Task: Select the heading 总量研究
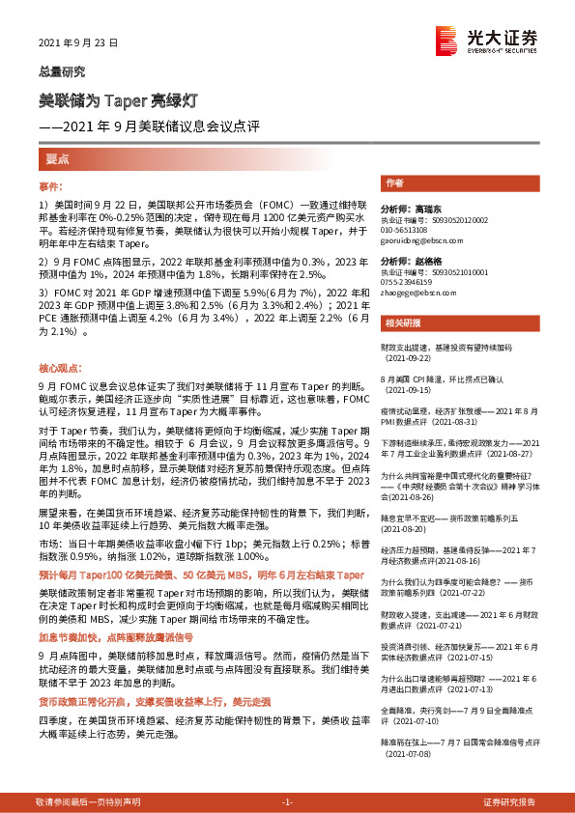coord(61,70)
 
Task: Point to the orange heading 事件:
coord(50,185)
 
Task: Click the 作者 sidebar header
coord(393,182)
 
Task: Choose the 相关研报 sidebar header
coord(399,323)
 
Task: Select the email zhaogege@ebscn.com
coord(418,294)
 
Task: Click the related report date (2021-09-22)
coord(408,356)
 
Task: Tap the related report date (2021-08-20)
coord(408,529)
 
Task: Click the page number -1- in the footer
coord(286,802)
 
